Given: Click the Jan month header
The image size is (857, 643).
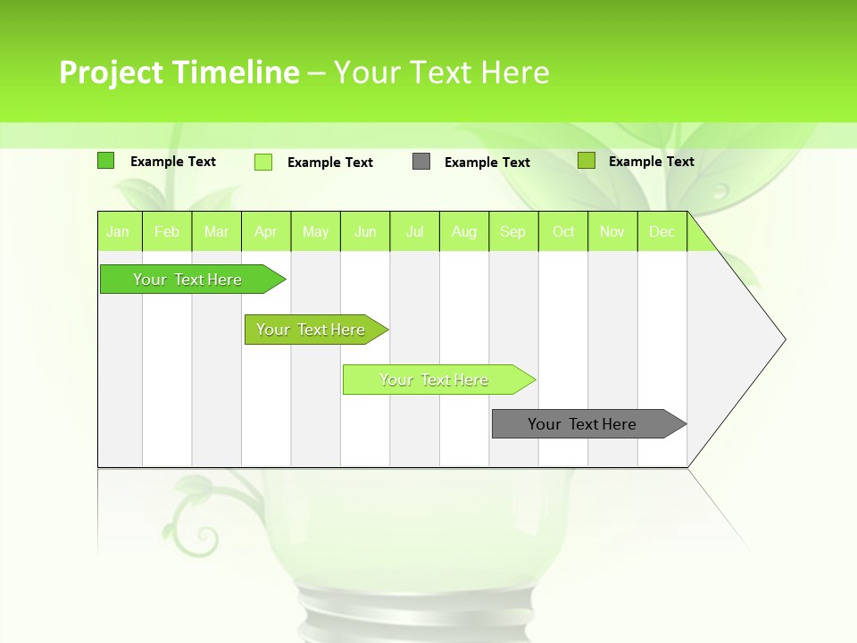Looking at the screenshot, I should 119,232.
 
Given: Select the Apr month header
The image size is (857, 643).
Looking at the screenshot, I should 266,232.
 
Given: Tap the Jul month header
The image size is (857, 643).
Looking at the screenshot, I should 414,232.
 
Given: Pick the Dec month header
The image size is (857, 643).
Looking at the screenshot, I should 661,232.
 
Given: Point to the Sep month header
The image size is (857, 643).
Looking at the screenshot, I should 513,232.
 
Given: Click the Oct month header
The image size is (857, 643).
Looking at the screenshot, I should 563,232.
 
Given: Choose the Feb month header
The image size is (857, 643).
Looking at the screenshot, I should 167,232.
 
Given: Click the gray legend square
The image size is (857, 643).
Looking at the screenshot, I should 421,162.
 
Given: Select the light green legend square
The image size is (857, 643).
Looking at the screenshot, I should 263,162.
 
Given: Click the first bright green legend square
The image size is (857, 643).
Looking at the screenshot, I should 106,161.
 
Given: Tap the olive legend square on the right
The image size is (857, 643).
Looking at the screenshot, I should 587,161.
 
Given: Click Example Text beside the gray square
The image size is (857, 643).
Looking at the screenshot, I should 487,163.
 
